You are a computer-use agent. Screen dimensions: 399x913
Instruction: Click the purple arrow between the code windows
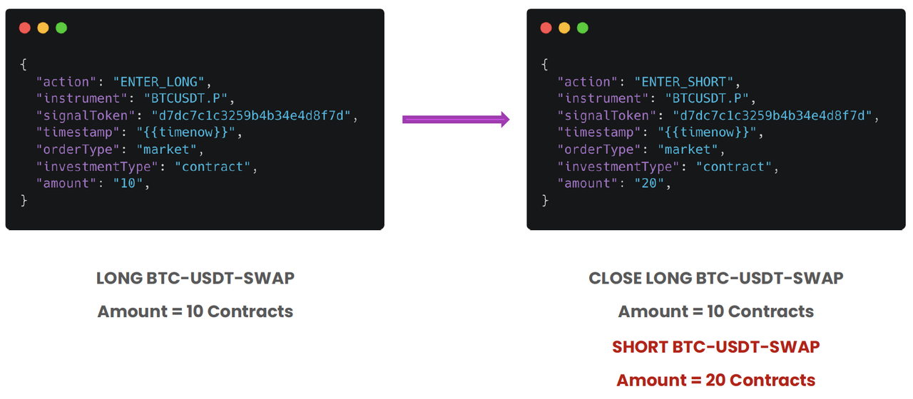click(x=456, y=119)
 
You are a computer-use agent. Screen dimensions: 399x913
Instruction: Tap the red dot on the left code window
click(x=24, y=28)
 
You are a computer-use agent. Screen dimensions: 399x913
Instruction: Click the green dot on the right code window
click(x=583, y=28)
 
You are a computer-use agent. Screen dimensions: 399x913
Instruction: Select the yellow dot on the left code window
click(x=43, y=28)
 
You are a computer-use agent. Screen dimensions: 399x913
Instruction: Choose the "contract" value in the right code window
click(x=734, y=167)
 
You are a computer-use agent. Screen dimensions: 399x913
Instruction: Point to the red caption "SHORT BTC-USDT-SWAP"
click(x=715, y=347)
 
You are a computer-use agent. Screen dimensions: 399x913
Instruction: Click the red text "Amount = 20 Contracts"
click(x=715, y=380)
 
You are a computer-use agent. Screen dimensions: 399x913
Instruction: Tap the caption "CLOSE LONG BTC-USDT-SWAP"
click(x=715, y=278)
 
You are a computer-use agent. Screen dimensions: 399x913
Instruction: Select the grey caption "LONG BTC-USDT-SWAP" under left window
click(x=195, y=278)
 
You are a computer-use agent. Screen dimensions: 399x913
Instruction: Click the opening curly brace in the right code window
click(x=545, y=64)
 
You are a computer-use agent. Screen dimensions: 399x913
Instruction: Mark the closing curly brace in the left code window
click(x=24, y=200)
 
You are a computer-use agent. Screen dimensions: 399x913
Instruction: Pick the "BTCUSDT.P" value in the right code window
click(x=706, y=98)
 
